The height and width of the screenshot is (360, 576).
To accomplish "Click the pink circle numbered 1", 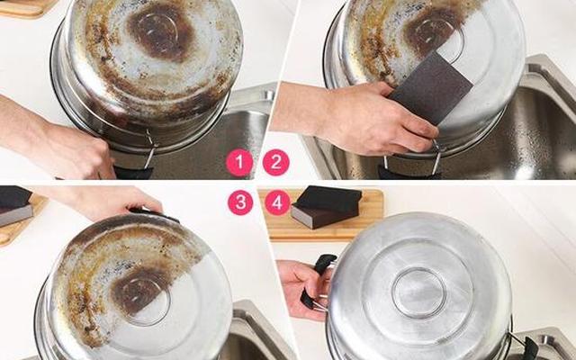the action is point(239,162).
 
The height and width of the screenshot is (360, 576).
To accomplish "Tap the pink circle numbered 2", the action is point(276,162).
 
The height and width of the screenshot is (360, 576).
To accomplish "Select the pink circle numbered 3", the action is point(240,202).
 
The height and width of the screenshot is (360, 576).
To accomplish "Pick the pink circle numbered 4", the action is point(278,202).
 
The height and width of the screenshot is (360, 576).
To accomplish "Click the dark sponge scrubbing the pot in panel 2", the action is point(430,88).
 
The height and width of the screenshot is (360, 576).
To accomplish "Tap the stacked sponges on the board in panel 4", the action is point(326,207).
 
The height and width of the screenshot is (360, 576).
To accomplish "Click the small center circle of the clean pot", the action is point(418,292).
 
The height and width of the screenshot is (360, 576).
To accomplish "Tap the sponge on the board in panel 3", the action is point(14,206).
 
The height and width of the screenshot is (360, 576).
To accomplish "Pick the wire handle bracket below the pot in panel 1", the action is point(150,148).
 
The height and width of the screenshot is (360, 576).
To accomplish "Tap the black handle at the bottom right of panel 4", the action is point(531,348).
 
